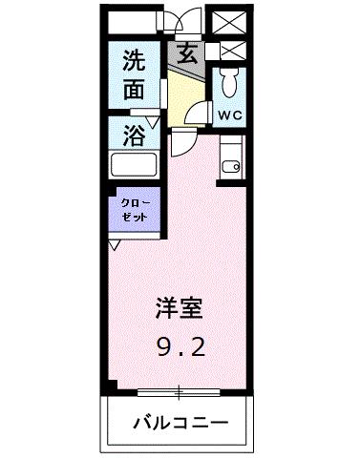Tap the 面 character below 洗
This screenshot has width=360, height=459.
coord(134,92)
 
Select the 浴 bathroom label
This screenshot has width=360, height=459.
coord(135,135)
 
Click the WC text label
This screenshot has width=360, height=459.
coord(229,115)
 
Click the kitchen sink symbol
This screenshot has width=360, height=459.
coord(230,166)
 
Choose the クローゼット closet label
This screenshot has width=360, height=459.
coord(134,211)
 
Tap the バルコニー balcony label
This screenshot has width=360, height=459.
coord(180,422)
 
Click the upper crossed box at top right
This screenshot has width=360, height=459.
coord(230,21)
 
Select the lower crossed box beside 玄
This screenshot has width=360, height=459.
coord(230,51)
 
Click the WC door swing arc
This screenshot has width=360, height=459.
coord(202,112)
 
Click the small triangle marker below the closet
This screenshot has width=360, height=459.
coord(115,245)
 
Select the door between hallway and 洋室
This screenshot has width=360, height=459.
coord(181,143)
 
